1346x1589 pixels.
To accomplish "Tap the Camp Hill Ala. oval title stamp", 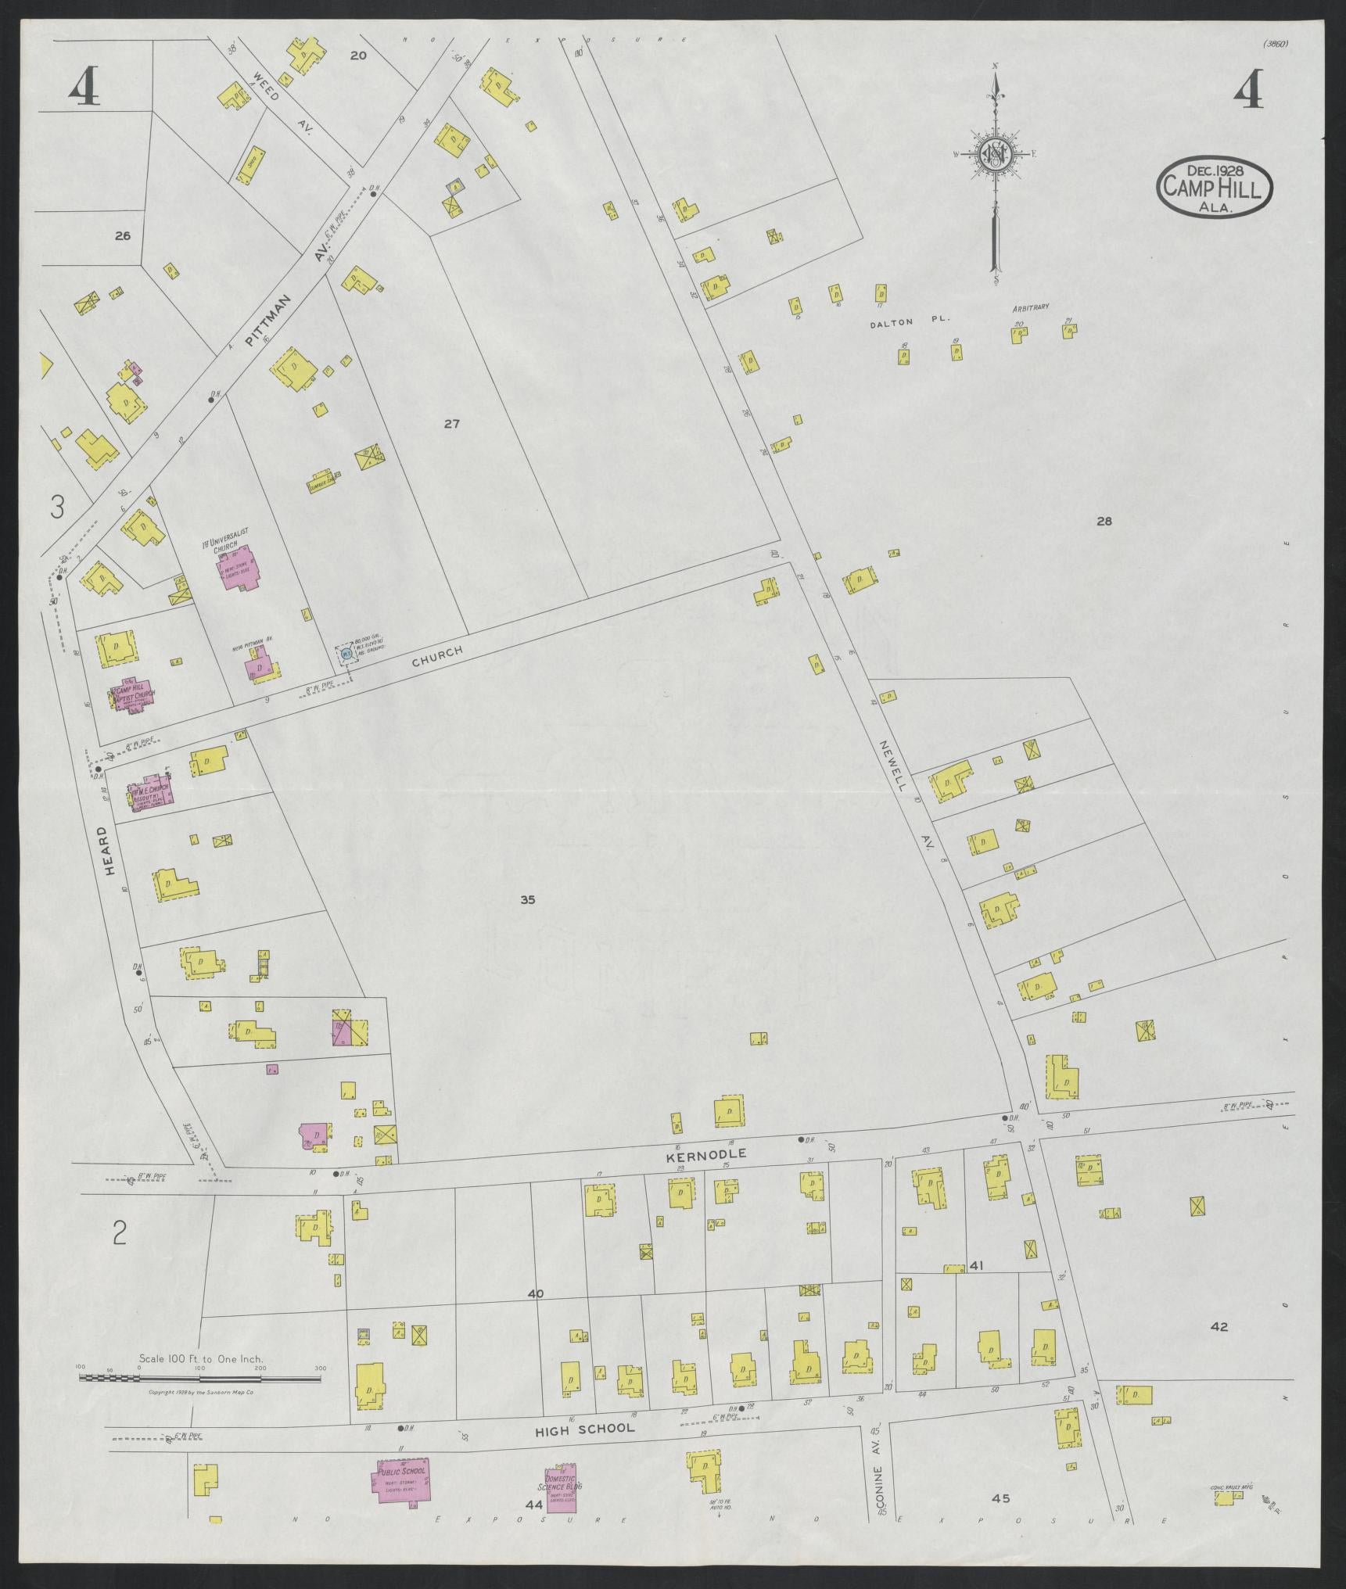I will click(x=1214, y=186).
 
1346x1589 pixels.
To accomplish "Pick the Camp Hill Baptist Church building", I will click(x=135, y=694).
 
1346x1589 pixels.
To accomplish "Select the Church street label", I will click(x=437, y=656).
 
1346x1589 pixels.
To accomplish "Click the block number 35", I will click(x=527, y=900).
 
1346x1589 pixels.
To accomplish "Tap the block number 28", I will click(x=1104, y=522).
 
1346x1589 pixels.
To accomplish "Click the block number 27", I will click(x=451, y=425).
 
